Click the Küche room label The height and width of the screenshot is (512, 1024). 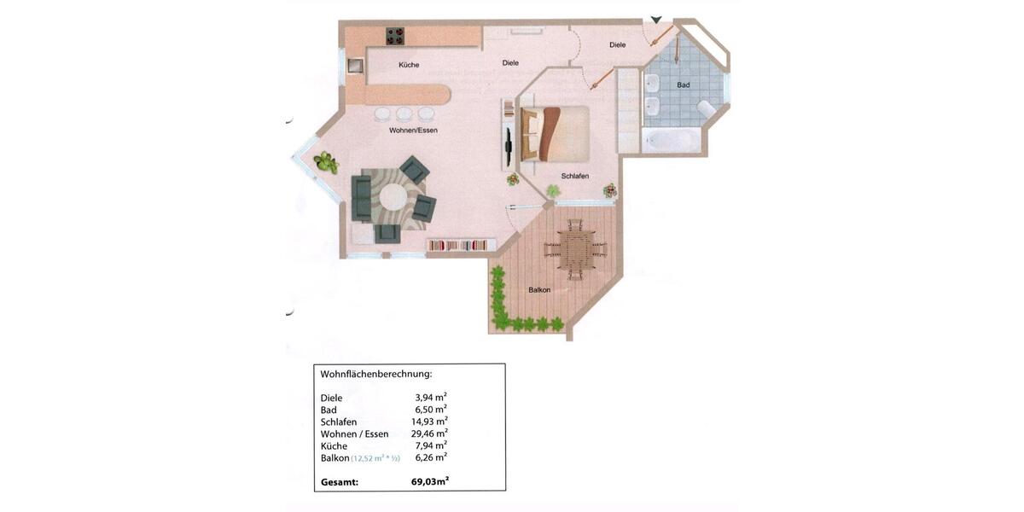click(x=409, y=65)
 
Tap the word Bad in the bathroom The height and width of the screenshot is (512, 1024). click(x=683, y=85)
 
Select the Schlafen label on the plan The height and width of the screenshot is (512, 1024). click(x=574, y=176)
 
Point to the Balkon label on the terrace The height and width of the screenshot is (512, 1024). click(x=539, y=290)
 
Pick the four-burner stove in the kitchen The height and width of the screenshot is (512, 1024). click(x=395, y=36)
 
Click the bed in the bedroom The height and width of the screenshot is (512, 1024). click(x=556, y=132)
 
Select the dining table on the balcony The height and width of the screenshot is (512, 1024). click(x=574, y=249)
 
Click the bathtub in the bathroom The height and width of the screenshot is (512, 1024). click(x=672, y=140)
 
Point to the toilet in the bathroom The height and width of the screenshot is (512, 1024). click(x=707, y=109)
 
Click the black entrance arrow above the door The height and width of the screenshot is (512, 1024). click(x=655, y=20)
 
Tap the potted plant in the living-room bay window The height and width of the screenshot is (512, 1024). click(x=324, y=161)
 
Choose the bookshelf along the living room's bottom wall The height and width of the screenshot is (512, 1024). click(x=457, y=245)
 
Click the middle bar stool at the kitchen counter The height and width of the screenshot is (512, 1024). click(x=404, y=113)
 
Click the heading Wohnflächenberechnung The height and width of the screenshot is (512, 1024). click(x=376, y=374)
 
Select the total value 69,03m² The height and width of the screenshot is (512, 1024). click(x=430, y=482)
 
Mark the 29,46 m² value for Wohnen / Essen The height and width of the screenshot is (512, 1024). click(x=429, y=433)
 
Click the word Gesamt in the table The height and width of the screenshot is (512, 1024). click(x=340, y=482)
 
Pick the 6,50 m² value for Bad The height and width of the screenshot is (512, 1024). click(x=431, y=410)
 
